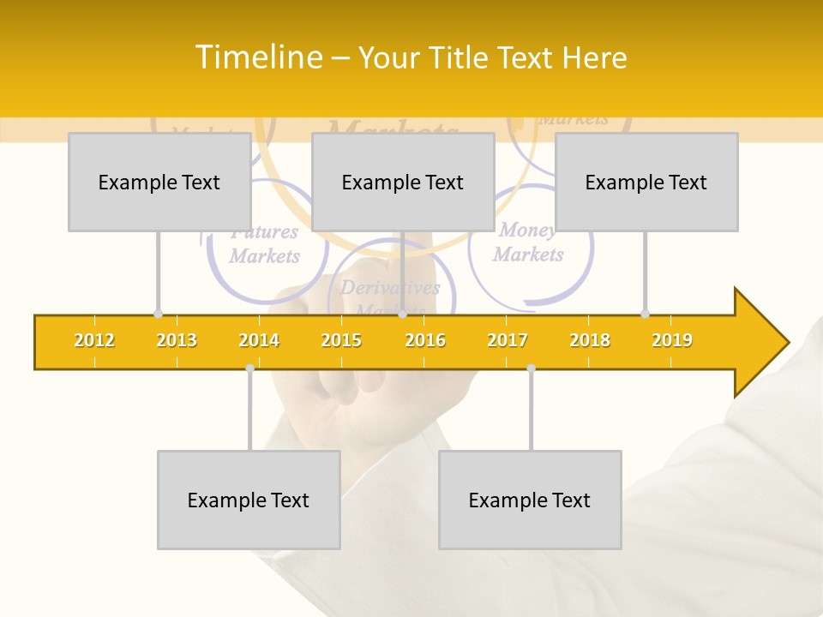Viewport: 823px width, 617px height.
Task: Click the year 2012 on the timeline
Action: point(94,340)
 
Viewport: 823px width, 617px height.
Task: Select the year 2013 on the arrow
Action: point(177,340)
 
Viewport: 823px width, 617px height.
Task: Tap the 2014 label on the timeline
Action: point(259,340)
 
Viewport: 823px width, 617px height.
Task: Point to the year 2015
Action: point(341,340)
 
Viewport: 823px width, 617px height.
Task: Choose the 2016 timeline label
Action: point(425,340)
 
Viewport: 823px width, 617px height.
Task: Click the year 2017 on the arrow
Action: point(508,340)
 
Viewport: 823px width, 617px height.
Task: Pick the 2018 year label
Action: point(590,340)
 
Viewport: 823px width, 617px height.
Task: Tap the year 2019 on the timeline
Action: point(672,340)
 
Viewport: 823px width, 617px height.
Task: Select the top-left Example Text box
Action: point(159,182)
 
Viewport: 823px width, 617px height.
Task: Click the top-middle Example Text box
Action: point(403,182)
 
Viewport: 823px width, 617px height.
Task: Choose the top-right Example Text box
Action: point(646,182)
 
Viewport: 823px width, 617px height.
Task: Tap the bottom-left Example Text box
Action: point(249,500)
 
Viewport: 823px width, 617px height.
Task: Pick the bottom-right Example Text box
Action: point(530,500)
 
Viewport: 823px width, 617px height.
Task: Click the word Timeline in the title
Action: point(258,57)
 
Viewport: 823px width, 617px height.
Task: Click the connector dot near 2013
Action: point(158,314)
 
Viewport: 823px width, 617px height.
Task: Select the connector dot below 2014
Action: point(249,368)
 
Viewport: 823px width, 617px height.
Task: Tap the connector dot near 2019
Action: point(646,314)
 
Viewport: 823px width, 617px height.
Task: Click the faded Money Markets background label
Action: point(527,243)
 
